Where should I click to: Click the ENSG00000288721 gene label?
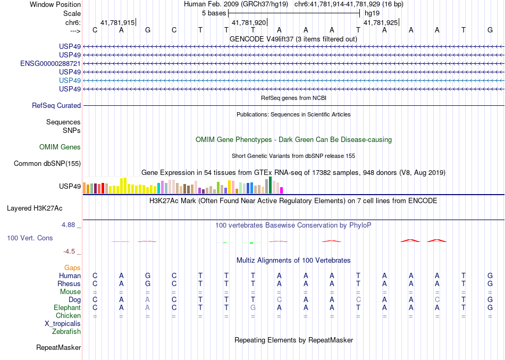(50, 63)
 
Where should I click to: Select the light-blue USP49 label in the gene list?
(70, 80)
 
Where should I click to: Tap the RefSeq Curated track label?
(56, 106)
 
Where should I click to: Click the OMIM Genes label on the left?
(60, 147)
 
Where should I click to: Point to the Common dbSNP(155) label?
(47, 164)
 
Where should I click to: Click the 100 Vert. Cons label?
(30, 238)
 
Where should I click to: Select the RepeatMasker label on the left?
(58, 348)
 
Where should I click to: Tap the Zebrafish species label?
(66, 332)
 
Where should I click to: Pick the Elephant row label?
(67, 308)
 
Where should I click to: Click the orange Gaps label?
(72, 268)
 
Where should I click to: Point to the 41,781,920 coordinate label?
(249, 23)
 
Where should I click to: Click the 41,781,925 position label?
(380, 23)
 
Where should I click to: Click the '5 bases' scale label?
(214, 12)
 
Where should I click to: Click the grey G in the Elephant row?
(253, 308)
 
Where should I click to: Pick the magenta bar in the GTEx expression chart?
(282, 190)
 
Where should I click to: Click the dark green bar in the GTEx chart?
(270, 185)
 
